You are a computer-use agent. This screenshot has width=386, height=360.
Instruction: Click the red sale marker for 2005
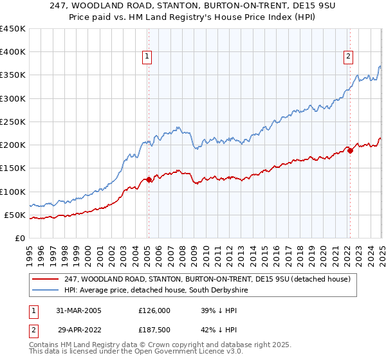click(x=149, y=179)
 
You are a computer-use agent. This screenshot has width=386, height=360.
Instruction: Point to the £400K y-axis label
click(x=12, y=52)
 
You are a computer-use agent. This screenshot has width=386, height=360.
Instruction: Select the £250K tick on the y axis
click(x=12, y=122)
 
